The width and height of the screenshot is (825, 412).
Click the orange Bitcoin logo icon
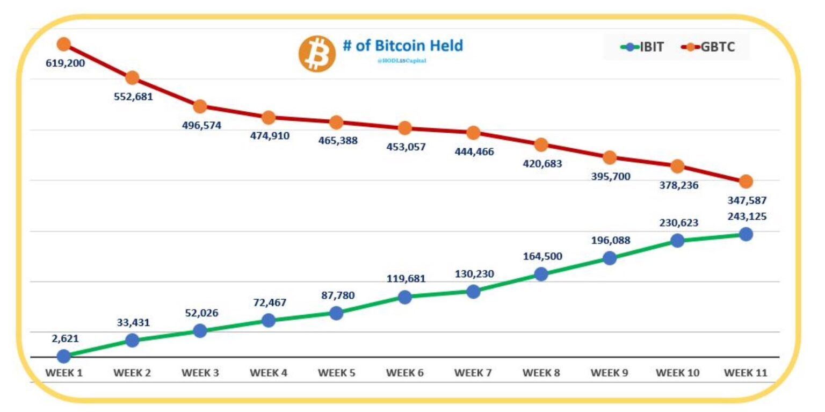317,54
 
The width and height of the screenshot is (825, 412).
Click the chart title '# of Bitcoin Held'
402,46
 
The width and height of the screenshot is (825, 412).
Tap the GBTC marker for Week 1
64,44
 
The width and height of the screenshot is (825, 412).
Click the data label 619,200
65,63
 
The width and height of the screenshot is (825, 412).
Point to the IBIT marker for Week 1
64,356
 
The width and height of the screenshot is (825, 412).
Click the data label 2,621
65,338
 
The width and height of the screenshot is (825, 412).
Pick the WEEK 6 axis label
405,373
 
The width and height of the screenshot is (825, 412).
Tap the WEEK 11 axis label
746,373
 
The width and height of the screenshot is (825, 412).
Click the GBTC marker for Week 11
746,182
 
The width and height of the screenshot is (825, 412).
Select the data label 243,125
747,216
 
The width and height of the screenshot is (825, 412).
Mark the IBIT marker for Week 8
541,274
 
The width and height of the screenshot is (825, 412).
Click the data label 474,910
270,135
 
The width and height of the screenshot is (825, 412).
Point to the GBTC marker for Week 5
336,122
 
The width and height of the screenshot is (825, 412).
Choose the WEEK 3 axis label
200,373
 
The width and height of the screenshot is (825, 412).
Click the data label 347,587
747,200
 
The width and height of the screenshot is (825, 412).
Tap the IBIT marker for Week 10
677,241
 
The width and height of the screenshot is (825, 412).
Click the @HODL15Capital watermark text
402,61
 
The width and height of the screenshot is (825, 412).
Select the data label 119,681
406,278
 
